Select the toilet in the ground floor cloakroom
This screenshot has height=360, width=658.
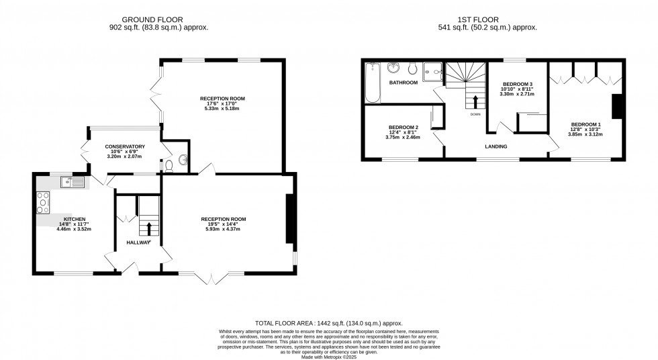[x=170, y=165]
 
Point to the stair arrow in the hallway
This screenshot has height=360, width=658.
[x=149, y=229]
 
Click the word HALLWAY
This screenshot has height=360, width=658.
[x=139, y=242]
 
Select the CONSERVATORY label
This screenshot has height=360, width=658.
[x=125, y=146]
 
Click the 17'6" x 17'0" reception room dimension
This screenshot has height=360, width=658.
[x=222, y=104]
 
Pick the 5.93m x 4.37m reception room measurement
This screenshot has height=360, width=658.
[x=224, y=230]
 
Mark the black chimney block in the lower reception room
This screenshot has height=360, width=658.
[x=290, y=219]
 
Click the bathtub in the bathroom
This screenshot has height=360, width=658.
[x=371, y=83]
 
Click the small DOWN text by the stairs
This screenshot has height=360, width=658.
[x=475, y=115]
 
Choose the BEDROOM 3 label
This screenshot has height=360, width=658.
[x=517, y=84]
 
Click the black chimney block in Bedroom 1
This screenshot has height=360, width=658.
[x=616, y=106]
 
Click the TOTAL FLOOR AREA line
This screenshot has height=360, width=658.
[x=328, y=323]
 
